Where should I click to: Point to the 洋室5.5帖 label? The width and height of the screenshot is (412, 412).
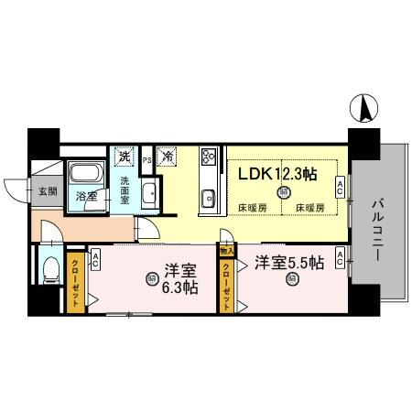click(x=289, y=263)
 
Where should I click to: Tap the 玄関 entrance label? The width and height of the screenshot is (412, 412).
click(x=47, y=191)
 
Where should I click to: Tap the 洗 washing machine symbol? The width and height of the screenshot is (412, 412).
click(x=124, y=157)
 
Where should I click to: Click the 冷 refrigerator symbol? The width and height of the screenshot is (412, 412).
click(x=168, y=157)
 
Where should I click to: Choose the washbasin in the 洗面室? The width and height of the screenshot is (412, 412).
click(x=151, y=192)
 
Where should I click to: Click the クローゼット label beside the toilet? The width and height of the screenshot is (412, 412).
click(x=75, y=281)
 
